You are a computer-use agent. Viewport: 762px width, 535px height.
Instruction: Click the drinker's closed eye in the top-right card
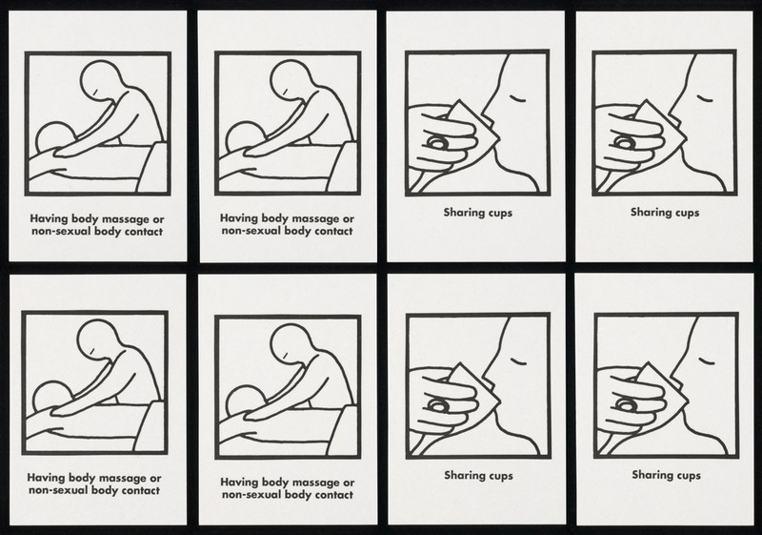click(704, 99)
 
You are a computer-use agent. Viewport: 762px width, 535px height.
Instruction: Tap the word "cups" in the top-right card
click(687, 213)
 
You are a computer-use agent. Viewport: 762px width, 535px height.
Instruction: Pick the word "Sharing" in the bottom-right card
click(651, 475)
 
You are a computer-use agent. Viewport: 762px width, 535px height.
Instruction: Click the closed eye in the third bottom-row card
click(518, 362)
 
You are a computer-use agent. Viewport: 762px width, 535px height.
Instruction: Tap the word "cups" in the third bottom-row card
click(500, 476)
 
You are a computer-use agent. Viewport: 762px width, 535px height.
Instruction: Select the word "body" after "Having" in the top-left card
click(79, 219)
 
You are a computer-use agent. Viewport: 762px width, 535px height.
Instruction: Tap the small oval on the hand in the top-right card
click(624, 142)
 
